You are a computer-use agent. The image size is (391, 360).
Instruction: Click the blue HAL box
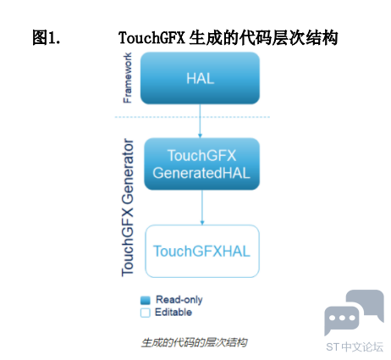click(x=200, y=78)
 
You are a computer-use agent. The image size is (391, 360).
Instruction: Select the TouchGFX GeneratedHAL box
click(x=201, y=163)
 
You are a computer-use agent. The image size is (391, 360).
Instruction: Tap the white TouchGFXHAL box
click(x=202, y=251)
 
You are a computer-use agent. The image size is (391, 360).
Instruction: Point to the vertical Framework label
click(x=128, y=78)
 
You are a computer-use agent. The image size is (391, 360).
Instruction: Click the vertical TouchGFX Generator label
click(x=128, y=208)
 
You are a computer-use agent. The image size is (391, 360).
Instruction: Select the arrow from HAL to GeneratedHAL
click(x=200, y=121)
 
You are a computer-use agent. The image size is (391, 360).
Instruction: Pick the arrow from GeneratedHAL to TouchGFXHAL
click(x=202, y=208)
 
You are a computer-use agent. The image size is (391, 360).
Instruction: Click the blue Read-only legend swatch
click(x=146, y=300)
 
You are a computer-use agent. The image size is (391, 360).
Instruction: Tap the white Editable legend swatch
click(x=146, y=313)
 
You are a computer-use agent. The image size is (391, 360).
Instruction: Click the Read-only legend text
click(x=179, y=300)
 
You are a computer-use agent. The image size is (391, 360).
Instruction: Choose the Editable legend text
click(x=173, y=313)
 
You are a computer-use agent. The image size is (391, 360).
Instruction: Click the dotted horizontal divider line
click(x=192, y=117)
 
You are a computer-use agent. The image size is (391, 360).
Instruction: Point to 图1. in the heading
click(x=47, y=37)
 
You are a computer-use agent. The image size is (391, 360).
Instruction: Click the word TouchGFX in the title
click(x=151, y=37)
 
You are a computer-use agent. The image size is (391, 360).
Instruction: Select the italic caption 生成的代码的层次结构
click(x=194, y=342)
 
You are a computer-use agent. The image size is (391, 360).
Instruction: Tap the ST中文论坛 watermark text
click(x=355, y=347)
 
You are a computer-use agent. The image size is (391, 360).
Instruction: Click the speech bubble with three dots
click(x=342, y=320)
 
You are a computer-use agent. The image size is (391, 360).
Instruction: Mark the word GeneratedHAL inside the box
click(x=201, y=173)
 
